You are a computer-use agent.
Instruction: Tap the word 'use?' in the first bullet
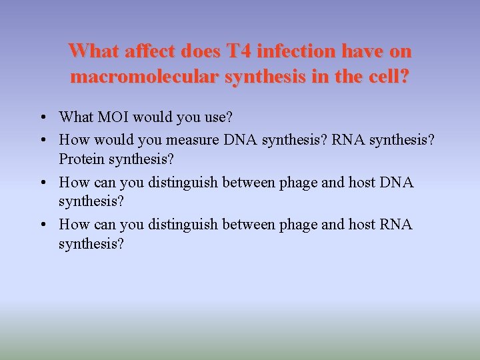click(x=217, y=118)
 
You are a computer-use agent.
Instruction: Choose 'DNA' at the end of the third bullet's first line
click(x=397, y=182)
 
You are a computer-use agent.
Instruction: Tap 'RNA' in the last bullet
click(x=397, y=225)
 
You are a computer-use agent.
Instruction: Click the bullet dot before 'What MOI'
click(x=42, y=119)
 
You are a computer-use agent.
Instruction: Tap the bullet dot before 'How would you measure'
click(x=42, y=140)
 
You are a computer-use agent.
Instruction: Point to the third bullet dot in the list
click(x=42, y=183)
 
